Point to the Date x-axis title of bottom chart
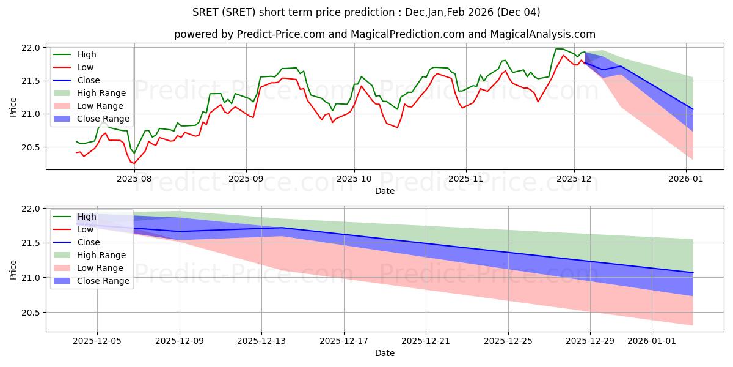tap(385, 353)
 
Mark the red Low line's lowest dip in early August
tap(134, 163)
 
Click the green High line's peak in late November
tap(557, 49)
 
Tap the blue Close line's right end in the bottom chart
tap(693, 273)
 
